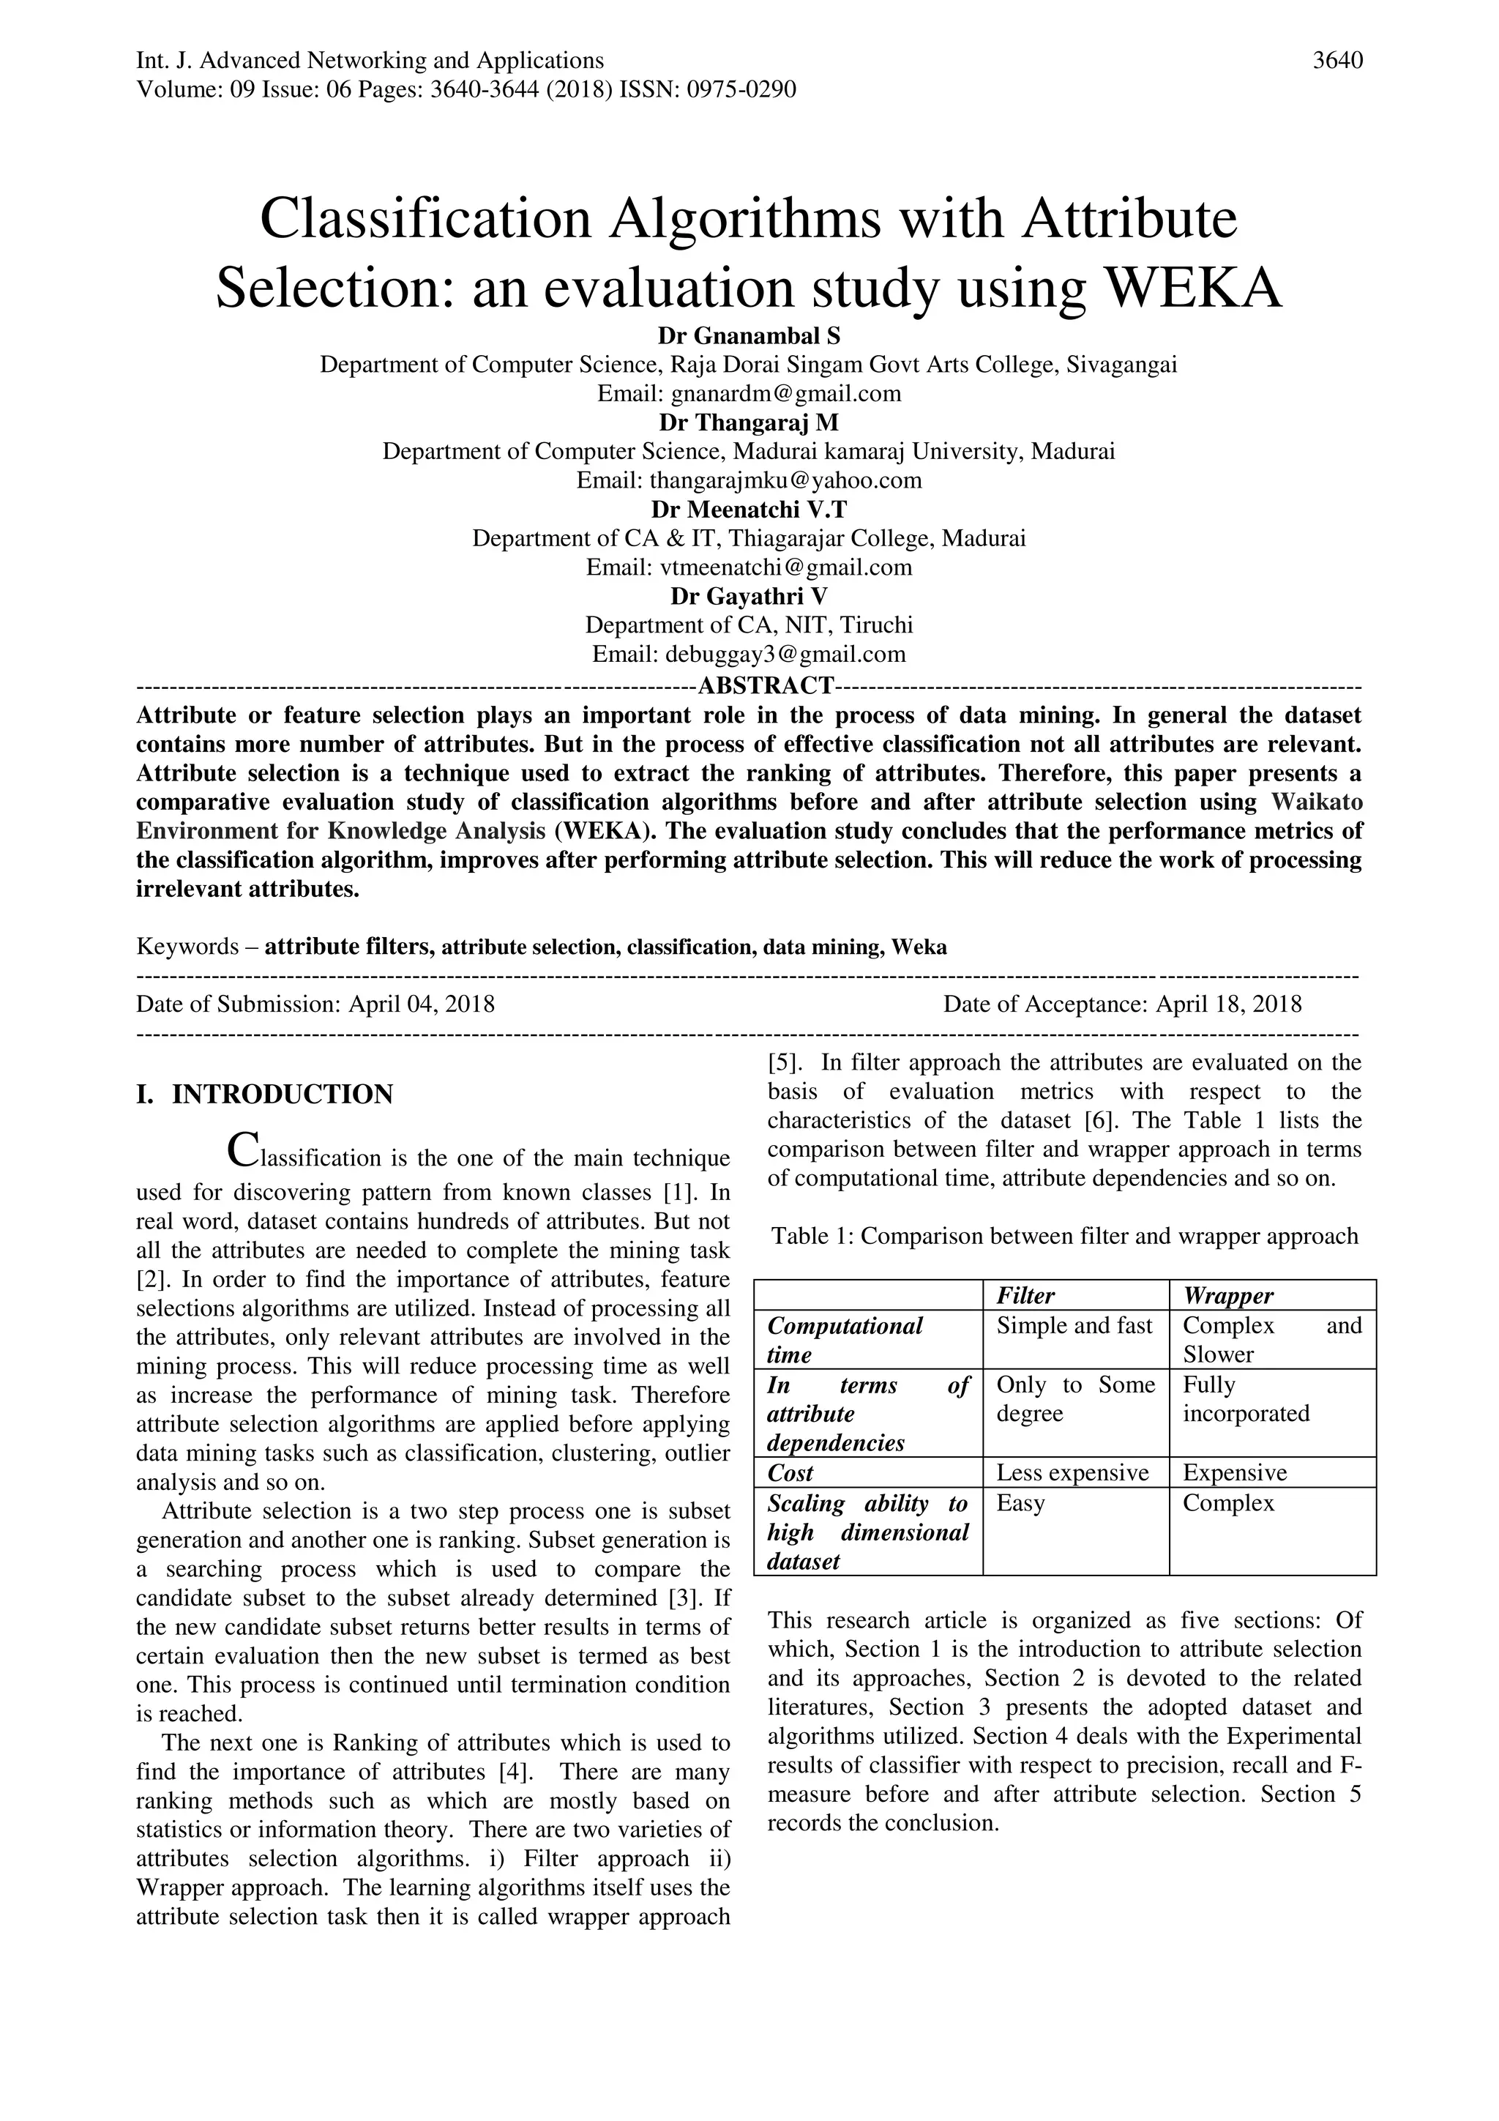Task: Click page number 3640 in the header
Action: point(1337,61)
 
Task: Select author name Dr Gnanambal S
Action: point(748,335)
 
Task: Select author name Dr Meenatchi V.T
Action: point(748,509)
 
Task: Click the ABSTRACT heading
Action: point(766,685)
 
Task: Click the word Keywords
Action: point(187,947)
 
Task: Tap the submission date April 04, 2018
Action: point(421,1004)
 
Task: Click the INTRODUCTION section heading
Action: point(282,1095)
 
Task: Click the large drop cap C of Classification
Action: point(242,1152)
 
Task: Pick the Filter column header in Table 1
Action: point(1025,1295)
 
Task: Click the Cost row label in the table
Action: point(790,1472)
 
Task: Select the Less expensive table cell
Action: point(1072,1472)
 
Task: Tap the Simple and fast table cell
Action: point(1074,1326)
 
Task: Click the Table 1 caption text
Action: point(1064,1236)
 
